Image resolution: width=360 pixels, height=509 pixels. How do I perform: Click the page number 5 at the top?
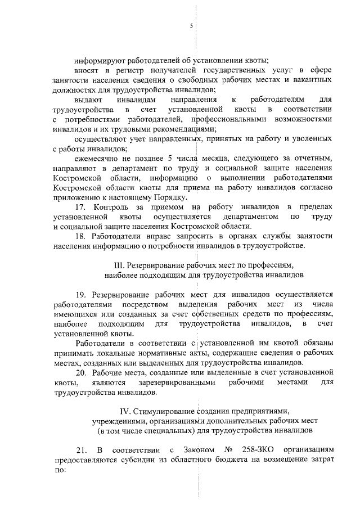click(x=191, y=27)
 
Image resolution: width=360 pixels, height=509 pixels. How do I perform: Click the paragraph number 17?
click(x=80, y=208)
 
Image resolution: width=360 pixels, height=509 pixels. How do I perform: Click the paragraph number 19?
click(x=80, y=295)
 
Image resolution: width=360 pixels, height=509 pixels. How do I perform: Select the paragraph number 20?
click(x=80, y=373)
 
